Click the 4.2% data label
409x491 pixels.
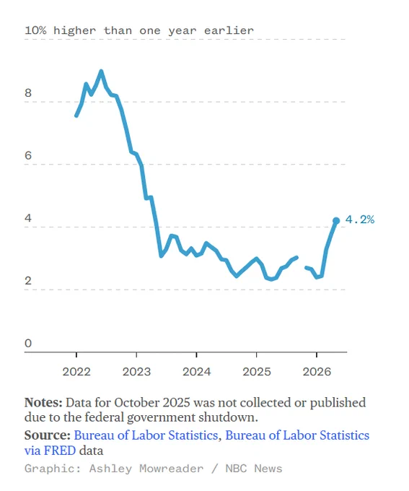(x=359, y=220)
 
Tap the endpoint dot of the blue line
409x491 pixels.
(x=336, y=221)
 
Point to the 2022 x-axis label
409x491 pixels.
(x=76, y=372)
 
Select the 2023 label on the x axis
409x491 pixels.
(x=136, y=372)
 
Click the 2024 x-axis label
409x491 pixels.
(x=196, y=372)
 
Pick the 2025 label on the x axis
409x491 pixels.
(x=257, y=372)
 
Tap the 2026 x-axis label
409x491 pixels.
(x=317, y=372)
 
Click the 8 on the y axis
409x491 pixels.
(x=28, y=92)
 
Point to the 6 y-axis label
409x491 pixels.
(x=28, y=155)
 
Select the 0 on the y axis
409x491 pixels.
(x=28, y=343)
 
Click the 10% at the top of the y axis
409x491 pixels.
(x=35, y=30)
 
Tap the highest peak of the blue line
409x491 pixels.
(x=101, y=71)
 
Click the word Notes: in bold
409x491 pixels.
(x=43, y=402)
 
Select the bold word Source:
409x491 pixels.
(x=48, y=435)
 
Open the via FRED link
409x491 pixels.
(x=50, y=451)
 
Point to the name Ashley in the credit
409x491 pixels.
(x=110, y=469)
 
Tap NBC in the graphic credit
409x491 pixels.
(x=236, y=469)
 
